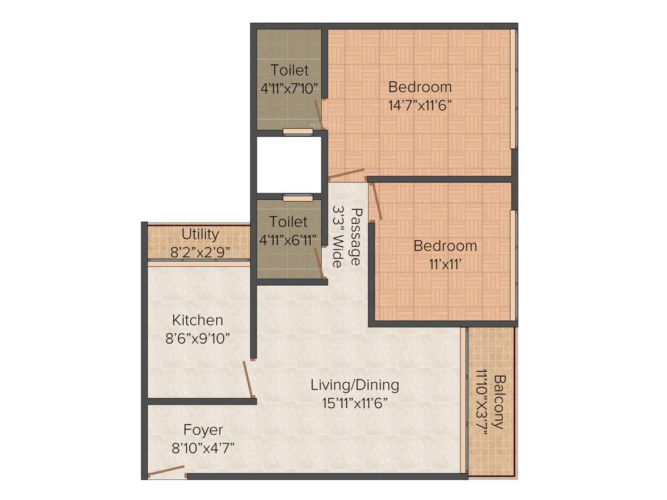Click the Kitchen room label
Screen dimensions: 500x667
pos(197,320)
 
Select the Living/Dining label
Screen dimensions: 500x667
pos(354,385)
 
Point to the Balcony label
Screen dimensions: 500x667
pos(498,402)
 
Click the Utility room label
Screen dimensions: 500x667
pos(200,234)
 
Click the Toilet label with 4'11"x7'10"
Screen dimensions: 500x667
pos(290,70)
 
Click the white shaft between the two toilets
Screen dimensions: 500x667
pos(289,165)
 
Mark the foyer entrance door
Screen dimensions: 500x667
pos(166,471)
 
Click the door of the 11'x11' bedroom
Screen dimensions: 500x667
pos(376,201)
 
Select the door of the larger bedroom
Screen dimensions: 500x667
pos(347,174)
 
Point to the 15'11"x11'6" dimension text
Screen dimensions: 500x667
pos(355,403)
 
